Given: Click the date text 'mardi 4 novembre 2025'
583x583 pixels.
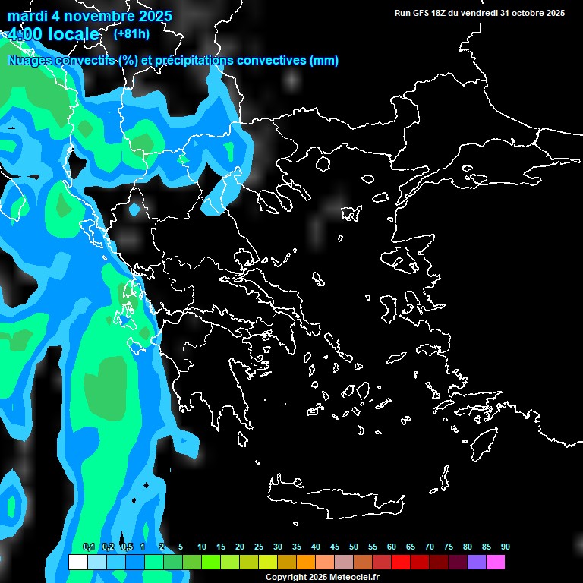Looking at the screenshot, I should [90, 16].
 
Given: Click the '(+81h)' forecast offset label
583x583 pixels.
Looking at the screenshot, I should [132, 33].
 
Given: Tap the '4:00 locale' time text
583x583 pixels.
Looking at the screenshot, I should [53, 35].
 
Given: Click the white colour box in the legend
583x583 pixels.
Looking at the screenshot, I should [77, 563].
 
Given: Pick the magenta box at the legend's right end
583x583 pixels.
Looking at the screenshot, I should [495, 563].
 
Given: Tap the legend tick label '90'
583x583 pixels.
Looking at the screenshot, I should [505, 547].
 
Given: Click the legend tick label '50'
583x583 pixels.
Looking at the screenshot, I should [353, 547].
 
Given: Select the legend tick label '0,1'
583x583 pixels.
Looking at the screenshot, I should [88, 547].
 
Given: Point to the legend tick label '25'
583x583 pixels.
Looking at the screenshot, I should [258, 547].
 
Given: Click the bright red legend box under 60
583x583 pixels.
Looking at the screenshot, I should [400, 563].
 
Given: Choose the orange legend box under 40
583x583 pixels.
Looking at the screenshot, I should [305, 563].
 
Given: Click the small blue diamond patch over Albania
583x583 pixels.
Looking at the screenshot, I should [135, 208].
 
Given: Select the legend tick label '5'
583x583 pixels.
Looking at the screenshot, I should [181, 547].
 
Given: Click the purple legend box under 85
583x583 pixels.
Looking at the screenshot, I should [476, 563].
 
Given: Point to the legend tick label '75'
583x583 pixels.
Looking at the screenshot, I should [448, 547].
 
